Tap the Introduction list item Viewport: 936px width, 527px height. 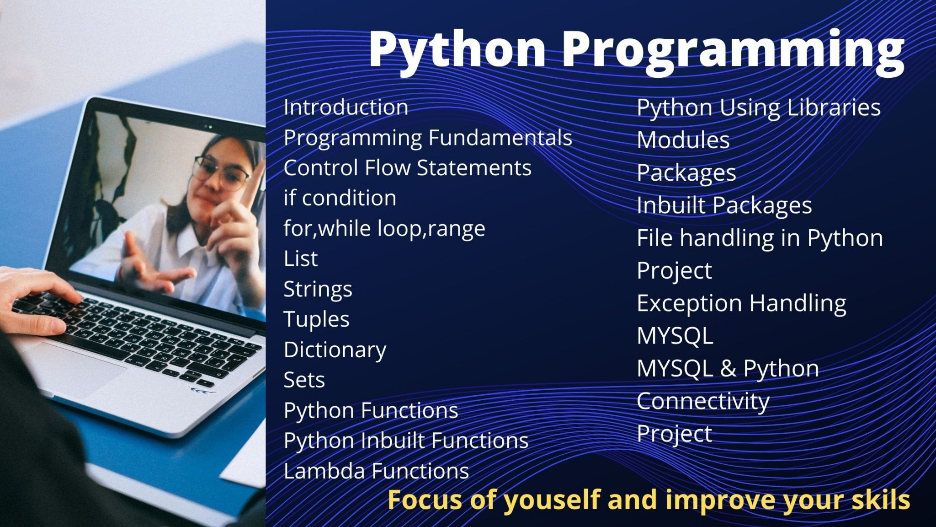[346, 107]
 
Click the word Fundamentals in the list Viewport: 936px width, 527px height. [500, 137]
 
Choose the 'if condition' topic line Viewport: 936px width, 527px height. [340, 198]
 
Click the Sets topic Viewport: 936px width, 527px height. [304, 380]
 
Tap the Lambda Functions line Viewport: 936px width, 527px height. [376, 471]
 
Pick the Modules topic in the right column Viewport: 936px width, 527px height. [683, 140]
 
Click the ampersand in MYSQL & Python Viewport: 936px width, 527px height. [728, 369]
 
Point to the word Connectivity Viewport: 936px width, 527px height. [703, 402]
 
